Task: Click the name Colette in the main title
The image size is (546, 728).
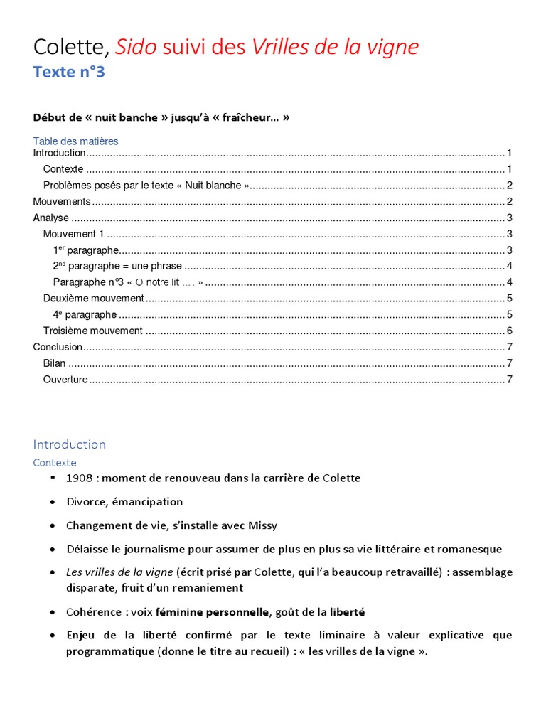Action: coord(70,47)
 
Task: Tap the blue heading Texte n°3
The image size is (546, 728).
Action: coord(69,72)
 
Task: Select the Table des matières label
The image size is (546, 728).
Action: coord(75,141)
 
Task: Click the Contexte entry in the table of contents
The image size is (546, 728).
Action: coord(63,169)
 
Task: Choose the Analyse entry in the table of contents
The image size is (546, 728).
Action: coord(51,218)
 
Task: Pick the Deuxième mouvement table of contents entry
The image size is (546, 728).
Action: coord(93,298)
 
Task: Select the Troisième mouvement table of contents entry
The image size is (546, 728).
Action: coord(92,331)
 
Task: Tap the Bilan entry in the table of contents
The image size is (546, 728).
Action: coord(54,363)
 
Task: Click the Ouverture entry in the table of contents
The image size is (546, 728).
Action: coord(65,380)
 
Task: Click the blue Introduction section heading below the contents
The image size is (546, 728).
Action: coord(69,444)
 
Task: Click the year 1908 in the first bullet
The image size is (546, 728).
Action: coord(80,478)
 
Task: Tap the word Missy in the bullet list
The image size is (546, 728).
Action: coord(263,525)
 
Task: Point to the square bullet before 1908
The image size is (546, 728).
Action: coord(53,477)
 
